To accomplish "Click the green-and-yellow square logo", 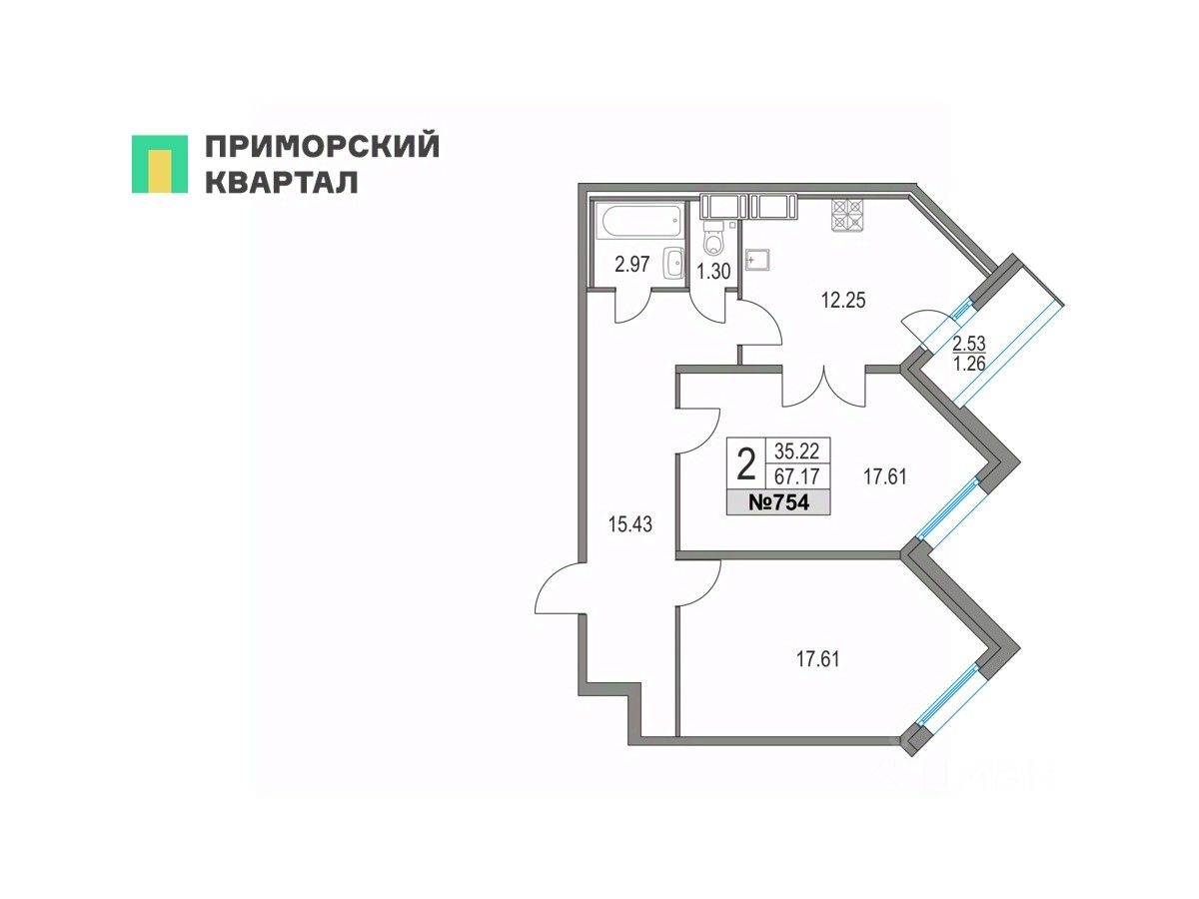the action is coord(159,163).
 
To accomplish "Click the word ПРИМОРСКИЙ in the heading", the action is coord(322,147).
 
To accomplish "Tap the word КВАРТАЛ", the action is coord(281,182).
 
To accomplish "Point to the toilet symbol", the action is coord(713,240).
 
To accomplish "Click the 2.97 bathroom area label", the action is coord(632,265).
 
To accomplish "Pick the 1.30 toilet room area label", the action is coord(713,270).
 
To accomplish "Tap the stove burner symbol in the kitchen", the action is coord(847,214).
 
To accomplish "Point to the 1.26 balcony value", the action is coord(968,364).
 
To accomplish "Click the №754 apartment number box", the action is coord(778,503).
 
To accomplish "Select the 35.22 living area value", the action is coord(796,449).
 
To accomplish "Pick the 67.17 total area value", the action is coord(796,477).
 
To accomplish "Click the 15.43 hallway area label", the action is coord(630,524).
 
